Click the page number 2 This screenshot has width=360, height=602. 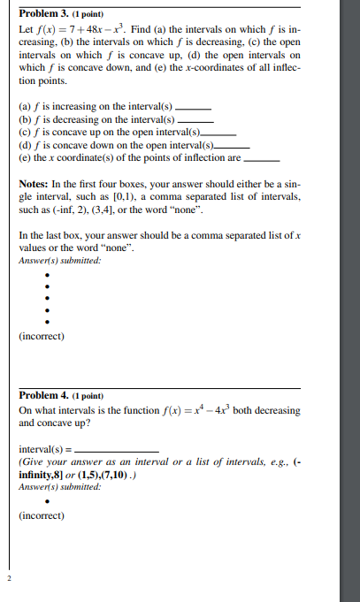(8, 579)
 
